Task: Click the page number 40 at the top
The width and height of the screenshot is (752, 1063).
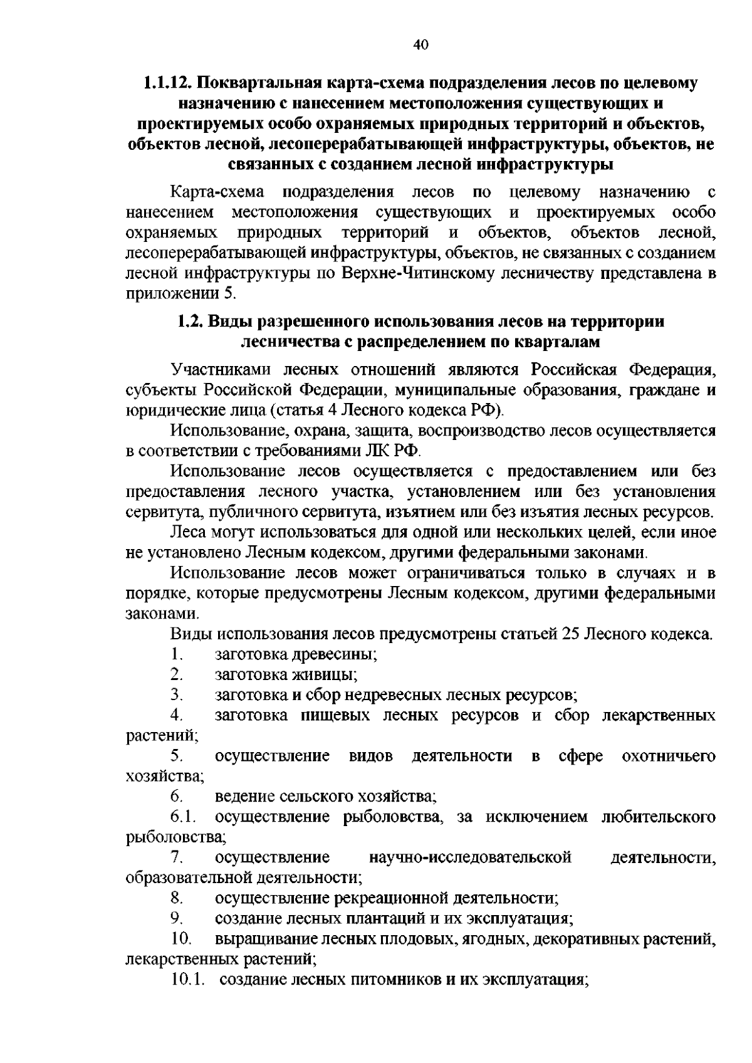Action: click(x=420, y=44)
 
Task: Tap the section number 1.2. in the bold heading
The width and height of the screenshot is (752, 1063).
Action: click(x=187, y=322)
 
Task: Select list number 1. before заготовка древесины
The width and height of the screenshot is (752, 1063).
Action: click(x=176, y=655)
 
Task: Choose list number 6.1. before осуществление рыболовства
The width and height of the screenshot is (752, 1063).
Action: click(x=182, y=817)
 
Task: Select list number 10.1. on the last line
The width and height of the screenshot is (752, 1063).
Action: click(x=187, y=979)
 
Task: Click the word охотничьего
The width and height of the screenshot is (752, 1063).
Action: click(x=668, y=757)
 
